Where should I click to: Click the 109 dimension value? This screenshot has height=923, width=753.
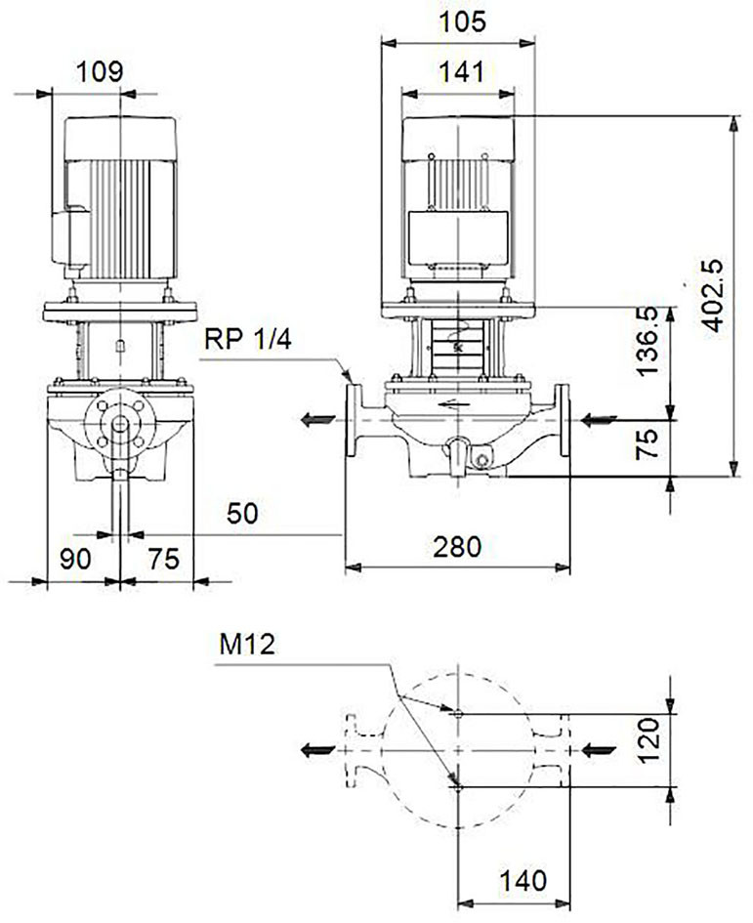coord(100,72)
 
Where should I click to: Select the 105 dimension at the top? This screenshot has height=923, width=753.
coord(463,21)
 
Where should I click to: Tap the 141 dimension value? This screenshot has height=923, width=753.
coord(462,72)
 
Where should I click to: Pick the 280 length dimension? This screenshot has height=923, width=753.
coord(457,547)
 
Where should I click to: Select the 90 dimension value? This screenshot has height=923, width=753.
coord(75,559)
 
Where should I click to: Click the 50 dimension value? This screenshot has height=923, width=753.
coord(242,514)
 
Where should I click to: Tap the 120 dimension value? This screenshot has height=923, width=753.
coord(648,740)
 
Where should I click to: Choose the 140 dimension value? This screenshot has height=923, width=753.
coord(523,881)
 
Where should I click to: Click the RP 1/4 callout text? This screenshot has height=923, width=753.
coord(248,340)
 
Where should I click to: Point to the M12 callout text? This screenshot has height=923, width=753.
coord(247,645)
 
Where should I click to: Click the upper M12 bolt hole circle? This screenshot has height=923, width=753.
coord(459,714)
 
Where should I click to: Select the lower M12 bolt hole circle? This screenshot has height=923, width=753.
coord(459,787)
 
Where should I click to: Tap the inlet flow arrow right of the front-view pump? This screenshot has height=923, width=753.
coord(599,420)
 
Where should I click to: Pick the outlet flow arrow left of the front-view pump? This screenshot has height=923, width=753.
coord(317,420)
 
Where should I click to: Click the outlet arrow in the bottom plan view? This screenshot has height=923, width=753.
coord(318,750)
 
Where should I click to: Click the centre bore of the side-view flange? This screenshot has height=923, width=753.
coord(120,425)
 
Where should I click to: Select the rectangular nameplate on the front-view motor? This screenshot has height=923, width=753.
coord(457,237)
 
